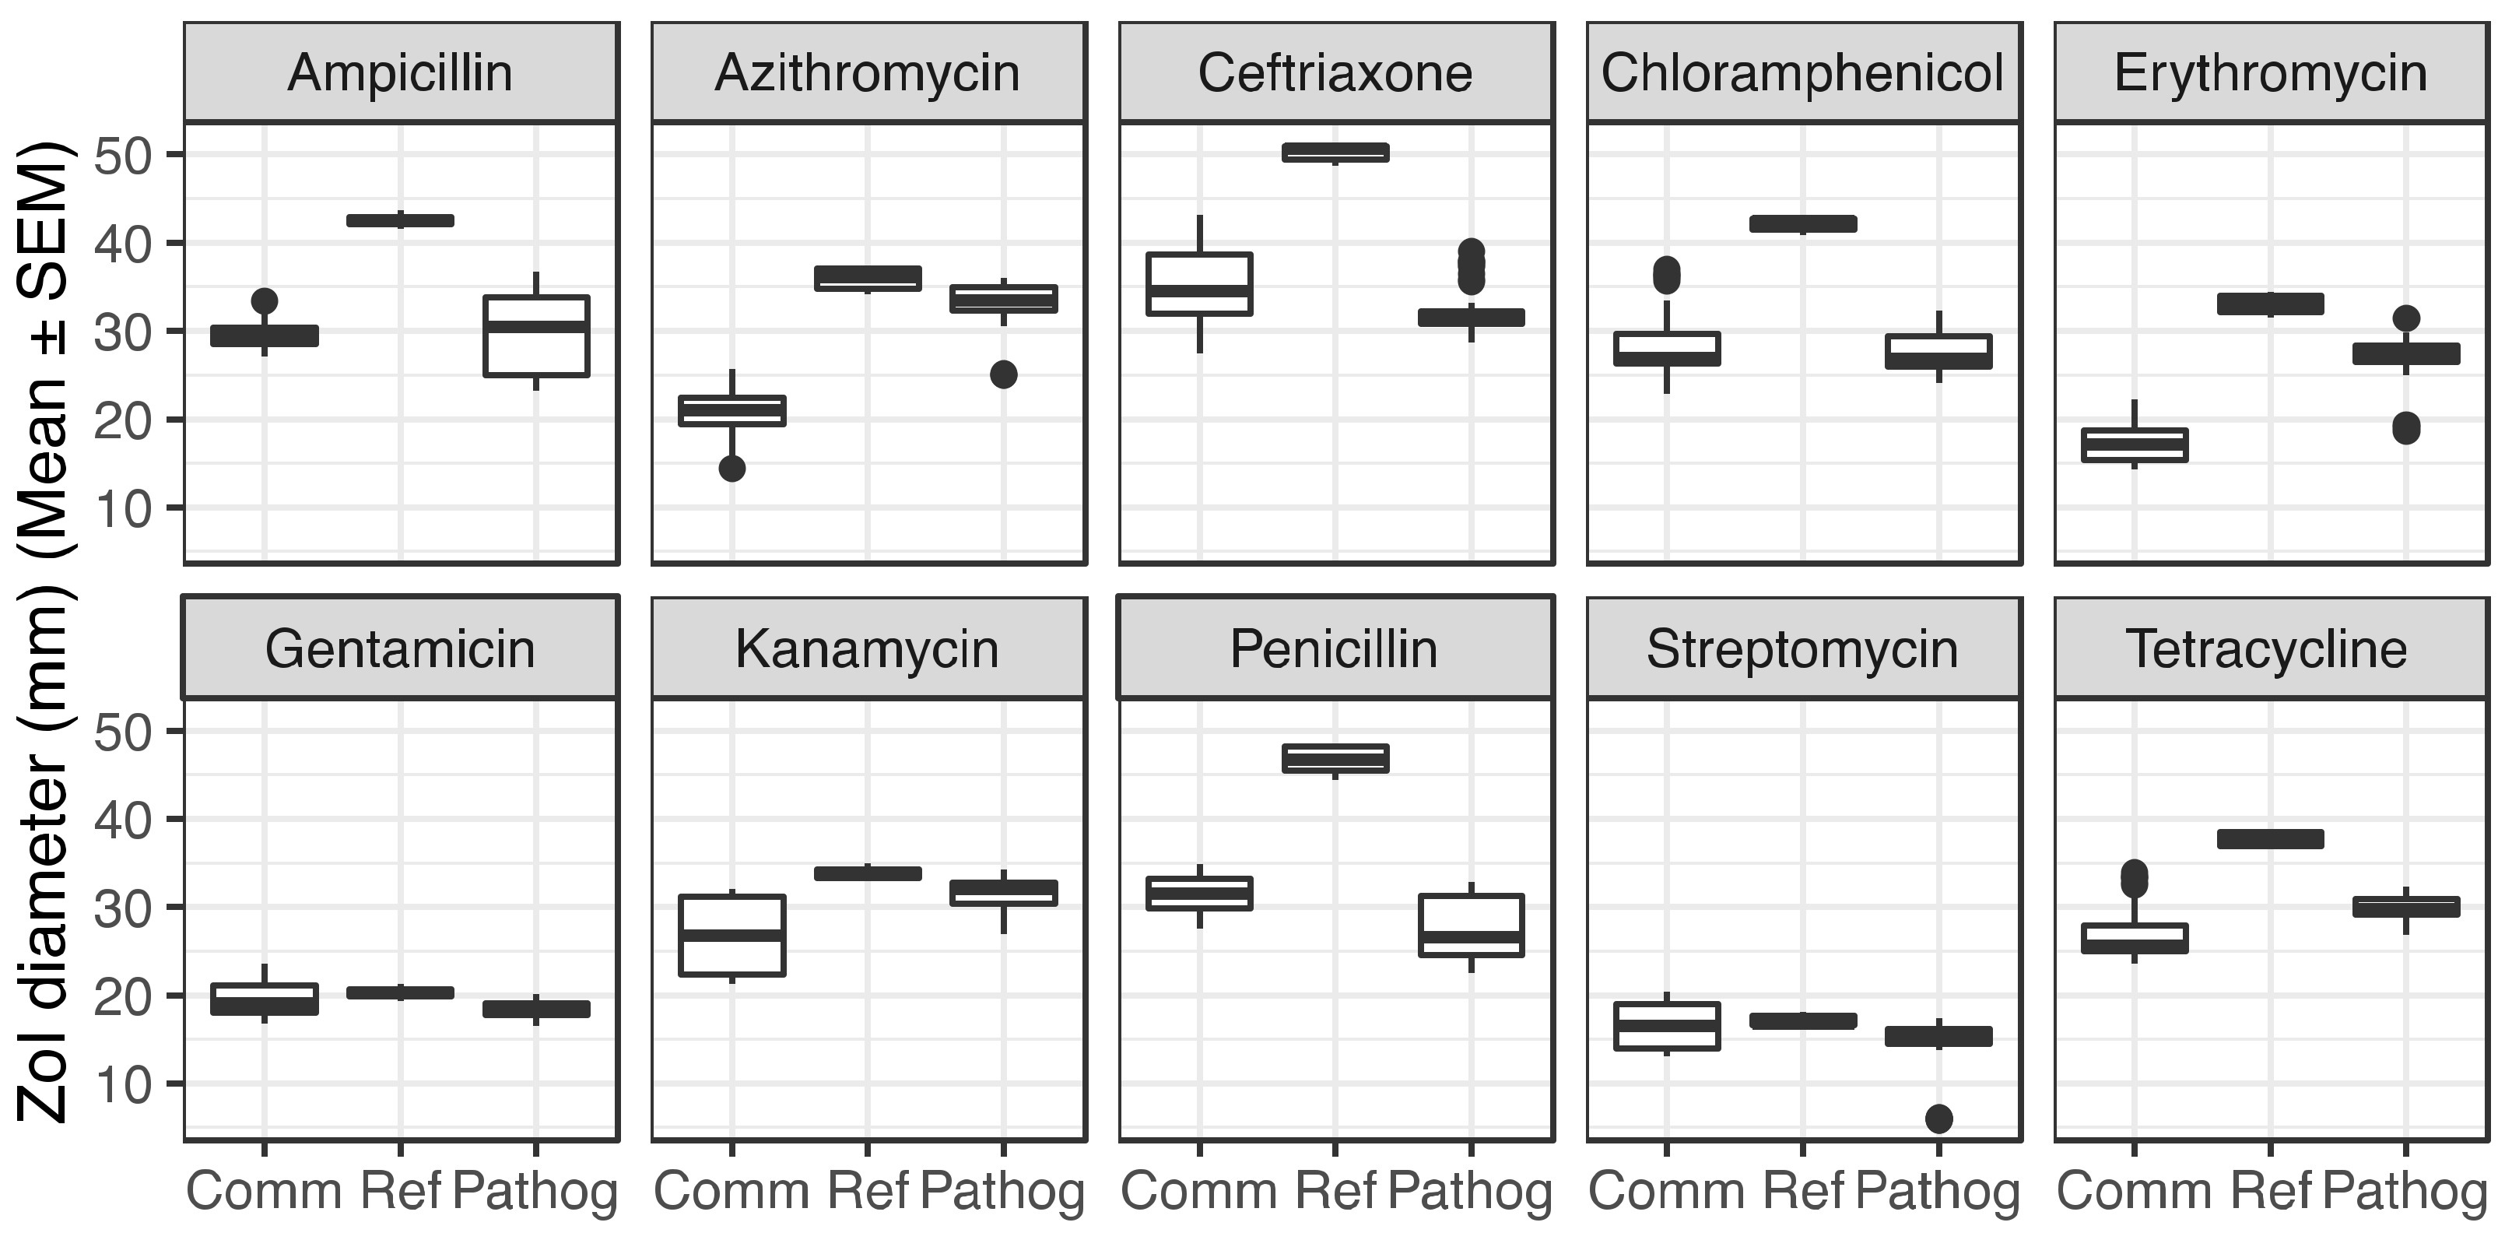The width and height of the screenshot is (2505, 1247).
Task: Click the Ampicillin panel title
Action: click(x=400, y=73)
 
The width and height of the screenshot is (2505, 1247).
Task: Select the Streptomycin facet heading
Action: click(x=1802, y=648)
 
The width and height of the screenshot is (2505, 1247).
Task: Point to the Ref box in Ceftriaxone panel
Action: click(x=1335, y=152)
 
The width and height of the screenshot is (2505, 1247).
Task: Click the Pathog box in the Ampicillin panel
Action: click(x=537, y=335)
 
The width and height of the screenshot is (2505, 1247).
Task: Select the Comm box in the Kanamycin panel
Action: click(x=732, y=935)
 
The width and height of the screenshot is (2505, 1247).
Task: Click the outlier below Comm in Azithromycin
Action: click(x=732, y=468)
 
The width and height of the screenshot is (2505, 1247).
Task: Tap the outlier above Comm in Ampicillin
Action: click(x=265, y=300)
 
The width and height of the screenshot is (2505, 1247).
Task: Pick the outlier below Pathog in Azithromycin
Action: click(x=1004, y=374)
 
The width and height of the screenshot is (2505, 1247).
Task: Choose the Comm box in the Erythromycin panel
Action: click(x=2135, y=444)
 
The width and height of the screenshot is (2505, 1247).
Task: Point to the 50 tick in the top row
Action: click(x=122, y=155)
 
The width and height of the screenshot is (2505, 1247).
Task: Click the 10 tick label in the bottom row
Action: click(x=122, y=1084)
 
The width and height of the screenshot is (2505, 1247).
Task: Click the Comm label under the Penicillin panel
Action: click(x=1199, y=1191)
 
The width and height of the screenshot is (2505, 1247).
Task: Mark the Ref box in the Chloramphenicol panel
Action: click(x=1803, y=223)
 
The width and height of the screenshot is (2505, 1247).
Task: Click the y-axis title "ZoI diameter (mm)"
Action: click(x=44, y=856)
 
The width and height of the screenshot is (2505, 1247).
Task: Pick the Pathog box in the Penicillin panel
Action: click(x=1472, y=925)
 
